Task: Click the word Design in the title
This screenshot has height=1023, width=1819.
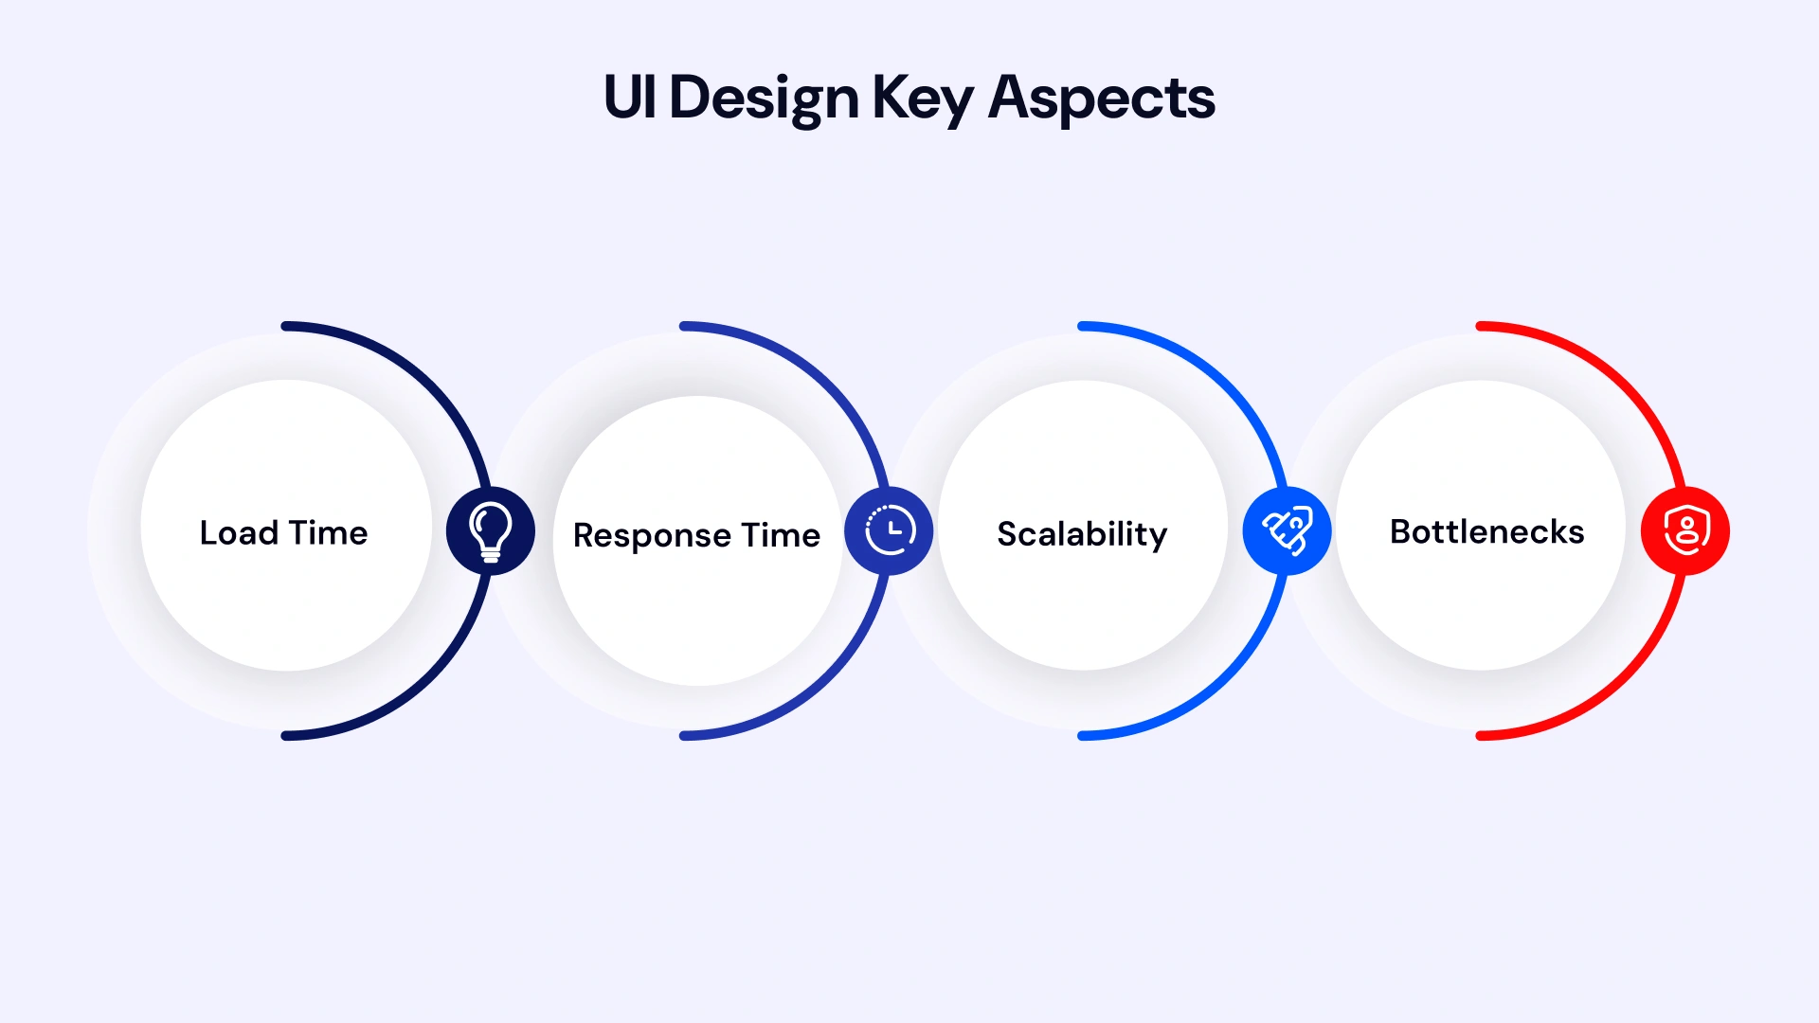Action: (x=764, y=98)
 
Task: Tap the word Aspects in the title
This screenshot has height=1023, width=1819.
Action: (x=1101, y=98)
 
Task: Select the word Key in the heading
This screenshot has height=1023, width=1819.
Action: (x=922, y=98)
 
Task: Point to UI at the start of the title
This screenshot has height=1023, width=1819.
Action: (x=630, y=98)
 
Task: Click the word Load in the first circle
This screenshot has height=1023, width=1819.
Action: (x=239, y=533)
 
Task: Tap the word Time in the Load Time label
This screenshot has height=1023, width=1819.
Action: (x=328, y=533)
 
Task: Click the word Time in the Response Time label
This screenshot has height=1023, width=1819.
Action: (x=781, y=536)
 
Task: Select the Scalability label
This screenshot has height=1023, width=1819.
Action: (x=1082, y=534)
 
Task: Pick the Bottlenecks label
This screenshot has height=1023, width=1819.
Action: (x=1486, y=532)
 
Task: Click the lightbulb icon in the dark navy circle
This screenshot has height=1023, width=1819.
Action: (x=491, y=531)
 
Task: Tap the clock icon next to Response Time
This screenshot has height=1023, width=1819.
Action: (x=890, y=530)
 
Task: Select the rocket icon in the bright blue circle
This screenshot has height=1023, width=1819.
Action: (x=1288, y=530)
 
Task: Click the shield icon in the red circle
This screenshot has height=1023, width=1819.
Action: (x=1686, y=530)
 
